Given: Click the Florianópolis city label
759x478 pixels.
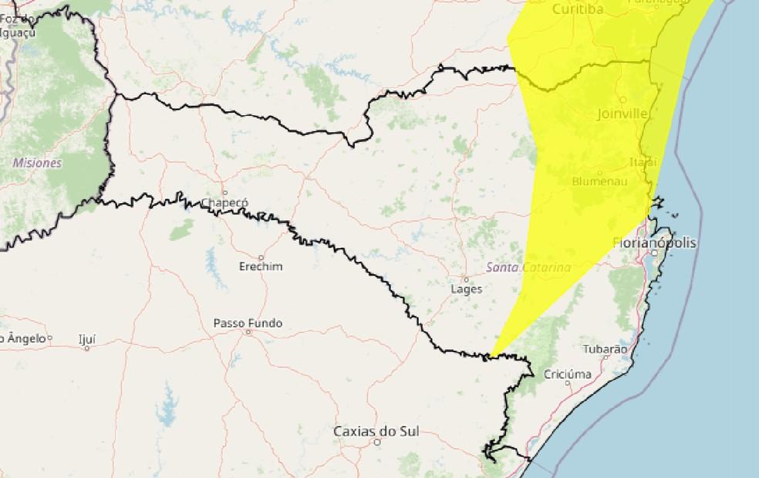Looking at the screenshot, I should (x=654, y=242).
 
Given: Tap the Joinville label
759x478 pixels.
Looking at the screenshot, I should (x=622, y=114).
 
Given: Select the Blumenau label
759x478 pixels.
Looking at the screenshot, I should (x=599, y=181).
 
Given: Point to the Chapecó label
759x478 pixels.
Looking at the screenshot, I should (x=224, y=202).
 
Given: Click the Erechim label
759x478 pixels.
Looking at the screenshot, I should (x=261, y=266).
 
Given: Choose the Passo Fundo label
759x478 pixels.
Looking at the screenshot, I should (x=248, y=323).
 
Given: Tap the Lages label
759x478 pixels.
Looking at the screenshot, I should (x=466, y=289).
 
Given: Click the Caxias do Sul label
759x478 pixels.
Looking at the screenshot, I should (x=376, y=431).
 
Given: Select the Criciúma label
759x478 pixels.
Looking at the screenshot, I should (x=568, y=375).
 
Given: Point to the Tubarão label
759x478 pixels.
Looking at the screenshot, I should (x=605, y=349).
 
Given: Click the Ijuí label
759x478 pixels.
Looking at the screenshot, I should (x=87, y=338).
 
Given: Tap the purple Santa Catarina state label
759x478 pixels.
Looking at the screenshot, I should (x=528, y=267).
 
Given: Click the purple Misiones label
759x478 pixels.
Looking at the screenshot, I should (x=37, y=163).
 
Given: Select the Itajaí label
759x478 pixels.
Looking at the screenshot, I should (x=643, y=162).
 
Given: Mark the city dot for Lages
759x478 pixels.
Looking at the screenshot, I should (x=466, y=279).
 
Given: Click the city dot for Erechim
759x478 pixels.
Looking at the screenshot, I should (x=261, y=257).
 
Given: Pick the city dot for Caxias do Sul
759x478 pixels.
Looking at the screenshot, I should (x=377, y=442).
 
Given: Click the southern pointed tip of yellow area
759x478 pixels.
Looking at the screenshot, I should (x=490, y=358).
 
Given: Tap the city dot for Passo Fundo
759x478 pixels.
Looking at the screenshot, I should (x=248, y=332).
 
